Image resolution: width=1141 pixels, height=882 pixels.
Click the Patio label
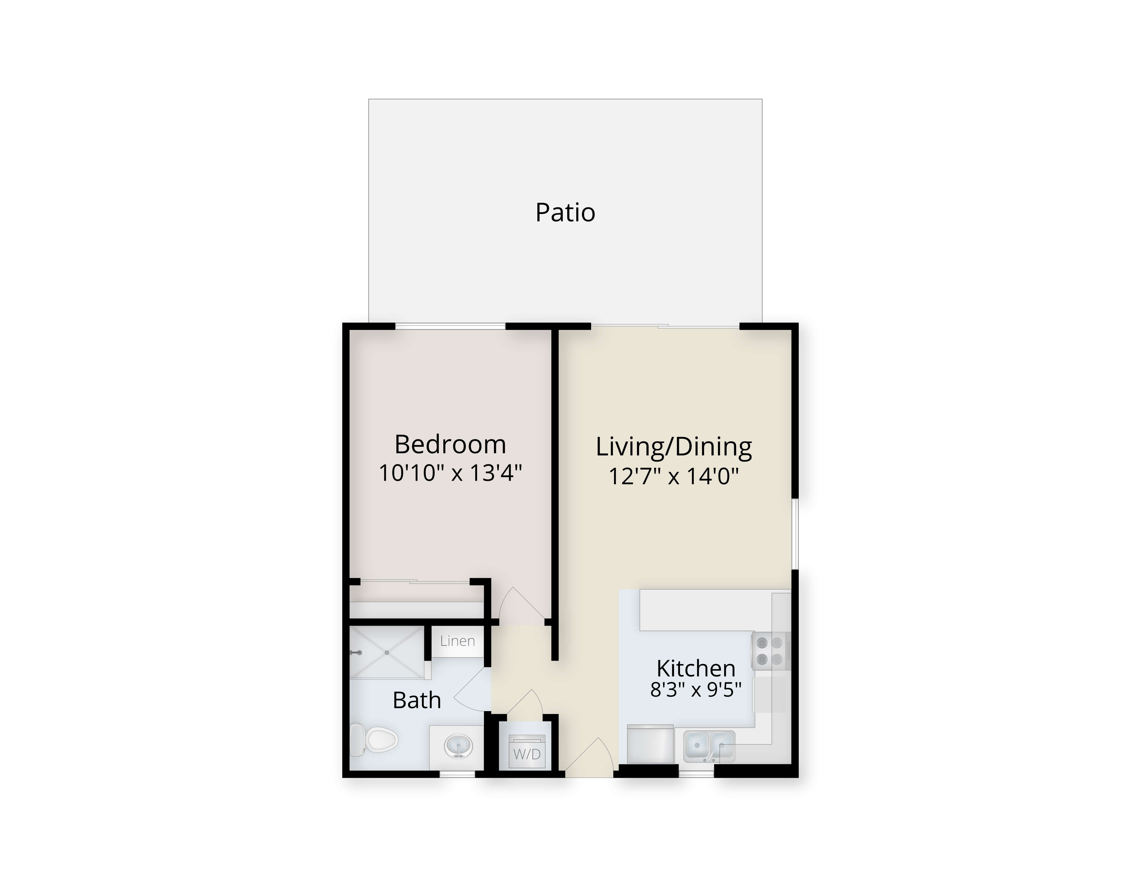click(x=565, y=213)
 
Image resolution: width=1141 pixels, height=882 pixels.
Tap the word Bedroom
click(x=450, y=445)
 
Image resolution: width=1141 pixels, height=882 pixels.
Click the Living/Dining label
click(x=674, y=447)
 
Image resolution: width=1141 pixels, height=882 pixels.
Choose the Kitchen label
click(x=696, y=668)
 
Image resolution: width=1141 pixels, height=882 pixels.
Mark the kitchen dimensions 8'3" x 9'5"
click(x=696, y=690)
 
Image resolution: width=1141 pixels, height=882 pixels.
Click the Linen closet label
click(x=458, y=641)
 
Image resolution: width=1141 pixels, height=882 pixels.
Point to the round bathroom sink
click(x=458, y=746)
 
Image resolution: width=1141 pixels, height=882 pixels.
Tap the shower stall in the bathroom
click(x=387, y=653)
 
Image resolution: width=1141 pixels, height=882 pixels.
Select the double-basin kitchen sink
click(x=709, y=746)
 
